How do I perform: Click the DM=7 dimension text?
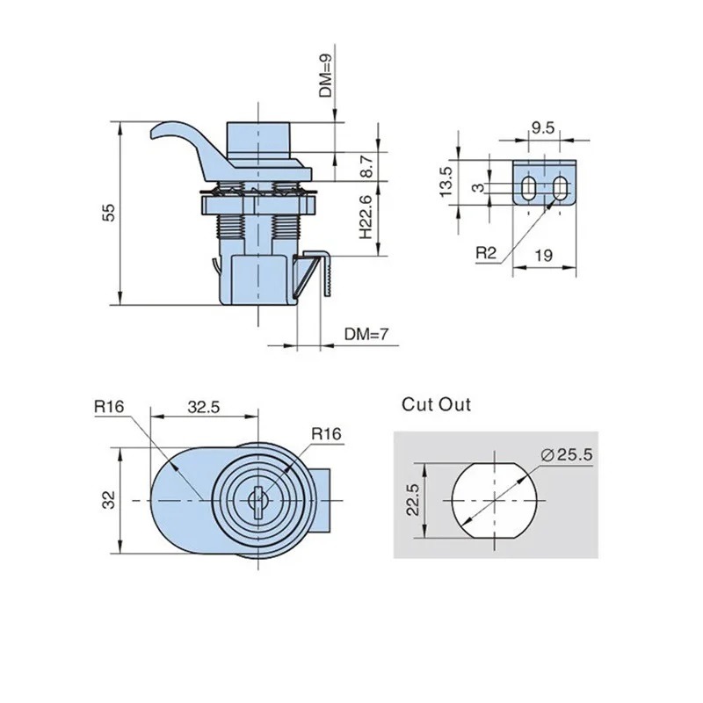click(x=365, y=334)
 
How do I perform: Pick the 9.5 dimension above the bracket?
click(x=542, y=127)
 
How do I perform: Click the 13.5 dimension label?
click(x=446, y=179)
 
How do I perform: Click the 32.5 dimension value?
click(x=204, y=407)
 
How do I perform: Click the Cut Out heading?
click(x=437, y=405)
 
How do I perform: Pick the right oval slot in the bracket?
click(x=559, y=186)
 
